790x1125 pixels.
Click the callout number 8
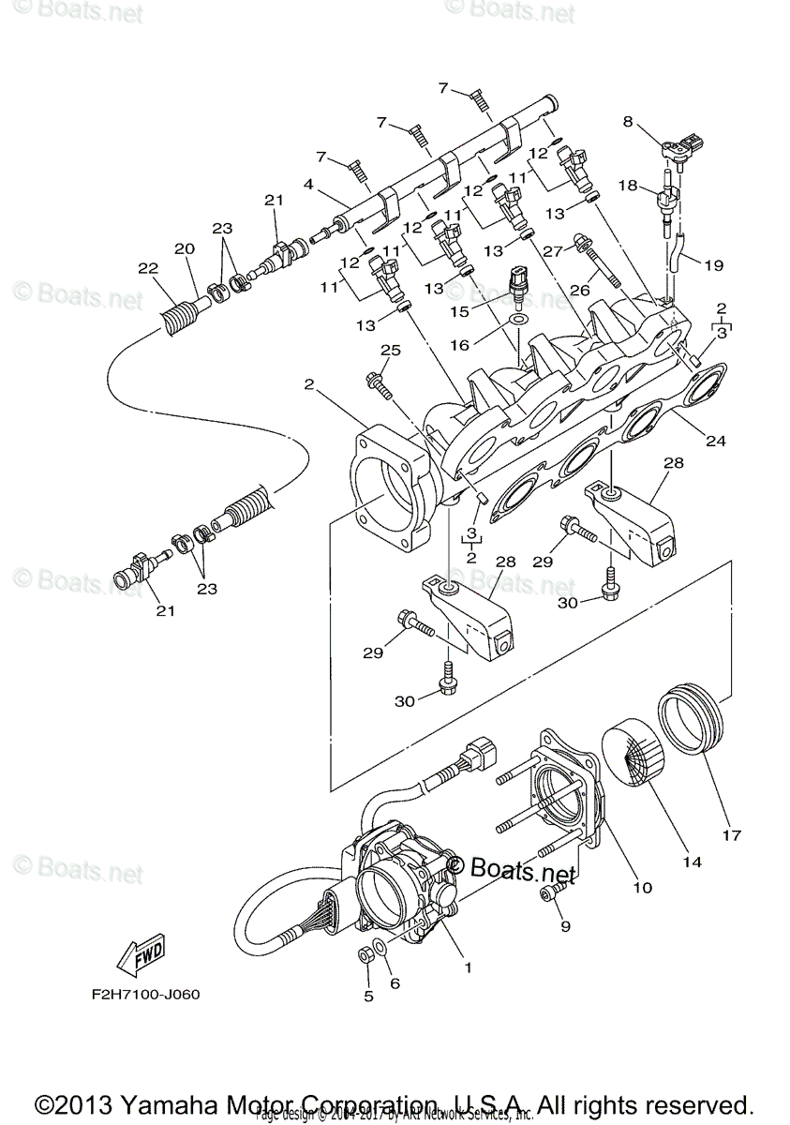[628, 120]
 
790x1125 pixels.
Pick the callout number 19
[713, 265]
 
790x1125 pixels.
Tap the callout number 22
[148, 268]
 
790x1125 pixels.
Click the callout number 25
[390, 350]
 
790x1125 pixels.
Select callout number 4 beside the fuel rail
[308, 185]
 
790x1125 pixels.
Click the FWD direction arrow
[140, 954]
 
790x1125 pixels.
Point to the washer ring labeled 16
[517, 323]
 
